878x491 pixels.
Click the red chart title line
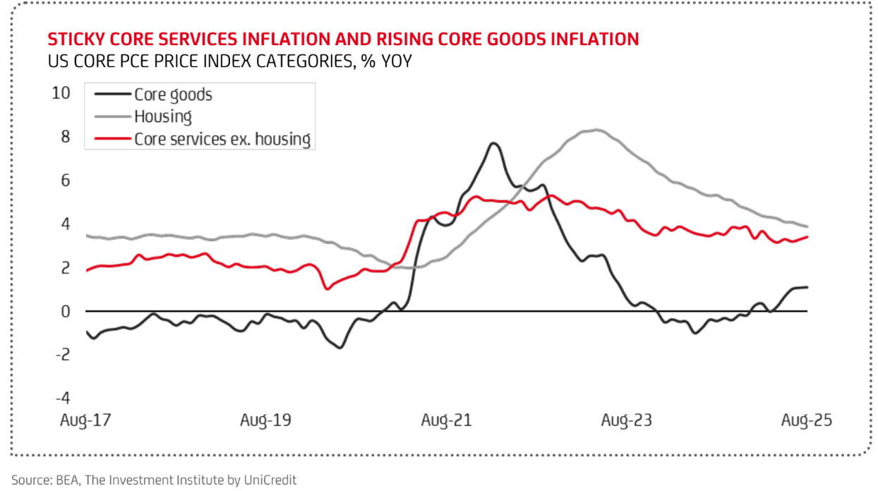[x=343, y=39]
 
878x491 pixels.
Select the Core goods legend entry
[x=173, y=95]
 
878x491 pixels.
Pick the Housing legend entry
[x=163, y=116]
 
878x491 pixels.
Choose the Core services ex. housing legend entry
[x=222, y=138]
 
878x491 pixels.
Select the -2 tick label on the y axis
[x=62, y=355]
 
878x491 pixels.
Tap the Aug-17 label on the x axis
[x=87, y=420]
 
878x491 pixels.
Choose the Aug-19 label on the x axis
[x=265, y=420]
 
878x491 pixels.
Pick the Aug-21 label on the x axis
[x=446, y=420]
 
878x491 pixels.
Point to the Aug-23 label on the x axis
[x=627, y=420]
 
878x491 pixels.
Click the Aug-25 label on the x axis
[x=807, y=420]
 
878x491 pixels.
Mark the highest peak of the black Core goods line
[x=493, y=143]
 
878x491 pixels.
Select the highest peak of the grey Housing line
[x=596, y=130]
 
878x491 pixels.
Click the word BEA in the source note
[x=61, y=480]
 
